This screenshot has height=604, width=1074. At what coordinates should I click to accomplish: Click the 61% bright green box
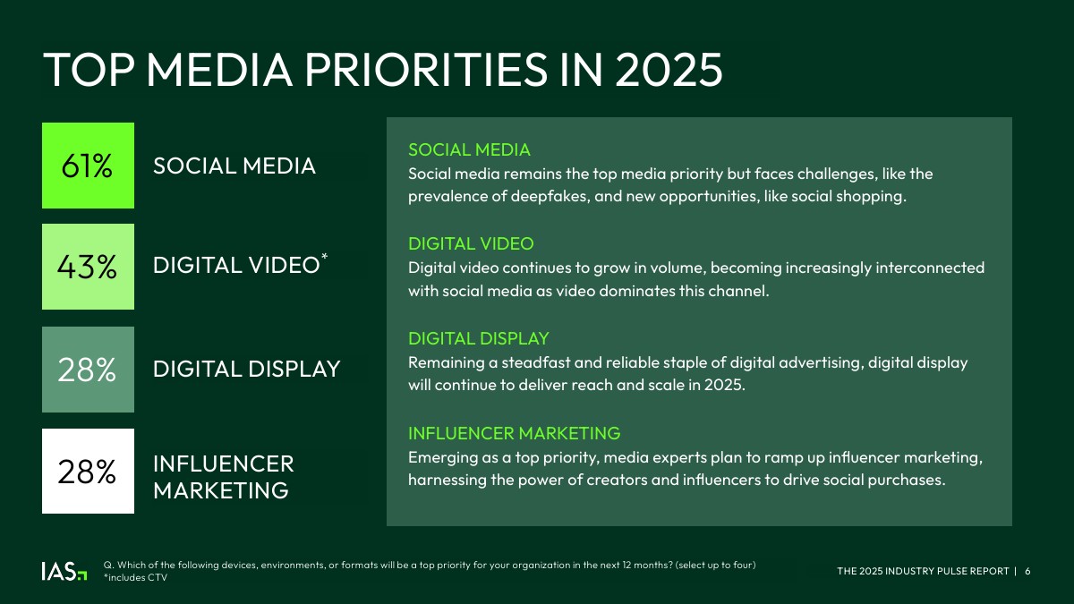click(89, 166)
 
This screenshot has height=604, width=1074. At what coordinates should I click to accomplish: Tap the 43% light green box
click(89, 267)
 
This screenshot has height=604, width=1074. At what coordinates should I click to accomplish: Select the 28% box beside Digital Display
click(89, 370)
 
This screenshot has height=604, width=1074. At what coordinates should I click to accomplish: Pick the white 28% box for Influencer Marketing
click(89, 472)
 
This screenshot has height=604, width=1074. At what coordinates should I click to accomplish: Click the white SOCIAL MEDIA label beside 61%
click(234, 166)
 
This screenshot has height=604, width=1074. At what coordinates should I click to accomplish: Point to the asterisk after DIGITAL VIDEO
click(325, 258)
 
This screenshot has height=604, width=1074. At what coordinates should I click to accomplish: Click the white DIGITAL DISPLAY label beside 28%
click(247, 369)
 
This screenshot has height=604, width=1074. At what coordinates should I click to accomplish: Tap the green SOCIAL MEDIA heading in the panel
click(469, 150)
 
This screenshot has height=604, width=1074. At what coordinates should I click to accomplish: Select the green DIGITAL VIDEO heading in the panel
click(471, 244)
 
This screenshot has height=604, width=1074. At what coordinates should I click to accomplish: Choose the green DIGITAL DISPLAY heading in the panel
click(479, 338)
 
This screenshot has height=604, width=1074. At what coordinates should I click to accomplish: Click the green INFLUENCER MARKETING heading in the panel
click(515, 433)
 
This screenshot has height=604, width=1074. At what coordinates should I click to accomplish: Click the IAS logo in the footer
click(64, 572)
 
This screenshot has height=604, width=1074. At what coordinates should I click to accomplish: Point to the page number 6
click(1027, 572)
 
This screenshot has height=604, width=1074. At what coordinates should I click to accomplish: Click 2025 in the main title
click(669, 70)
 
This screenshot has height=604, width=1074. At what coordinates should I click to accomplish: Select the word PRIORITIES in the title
click(426, 70)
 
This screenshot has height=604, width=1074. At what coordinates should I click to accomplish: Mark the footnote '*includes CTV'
click(136, 578)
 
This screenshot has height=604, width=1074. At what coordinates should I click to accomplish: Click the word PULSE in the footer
click(944, 572)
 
